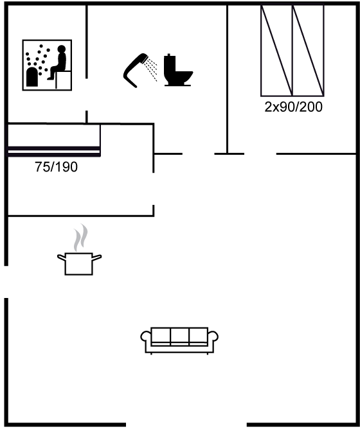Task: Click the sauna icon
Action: tap(47, 65)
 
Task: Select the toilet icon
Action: tap(178, 70)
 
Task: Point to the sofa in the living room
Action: tap(179, 340)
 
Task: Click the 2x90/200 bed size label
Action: tap(293, 107)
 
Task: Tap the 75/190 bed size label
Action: tap(56, 167)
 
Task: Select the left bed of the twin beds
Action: tap(276, 51)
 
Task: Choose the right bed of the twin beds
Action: tap(308, 51)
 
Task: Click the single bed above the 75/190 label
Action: tap(54, 141)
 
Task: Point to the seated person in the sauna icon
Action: tap(58, 63)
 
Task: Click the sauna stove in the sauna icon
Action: tap(32, 76)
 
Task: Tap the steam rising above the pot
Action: tap(81, 238)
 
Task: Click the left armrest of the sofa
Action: tap(145, 337)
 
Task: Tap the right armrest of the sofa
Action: tap(213, 337)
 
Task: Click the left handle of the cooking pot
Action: tap(61, 257)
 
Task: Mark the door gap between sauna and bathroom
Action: tap(87, 94)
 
